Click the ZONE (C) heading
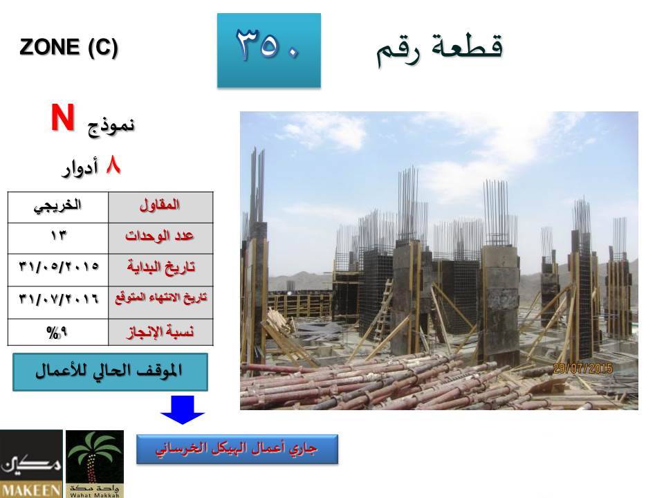pos(68,47)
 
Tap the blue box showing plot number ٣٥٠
pos(269,50)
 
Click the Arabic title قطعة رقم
pos(440,50)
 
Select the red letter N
pos(63,118)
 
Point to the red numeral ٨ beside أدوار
pos(113,165)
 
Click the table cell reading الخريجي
pos(58,207)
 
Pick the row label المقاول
pos(160,207)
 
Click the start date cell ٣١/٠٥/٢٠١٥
pos(58,270)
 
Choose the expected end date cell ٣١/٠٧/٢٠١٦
pos(58,302)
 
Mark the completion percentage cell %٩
pos(58,333)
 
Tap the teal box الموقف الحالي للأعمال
pos(110,372)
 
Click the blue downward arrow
pos(183,409)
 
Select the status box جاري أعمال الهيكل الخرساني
pos(237,450)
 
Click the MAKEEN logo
pos(31,463)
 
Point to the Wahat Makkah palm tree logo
pos(95,463)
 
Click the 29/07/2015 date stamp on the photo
pos(582,369)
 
